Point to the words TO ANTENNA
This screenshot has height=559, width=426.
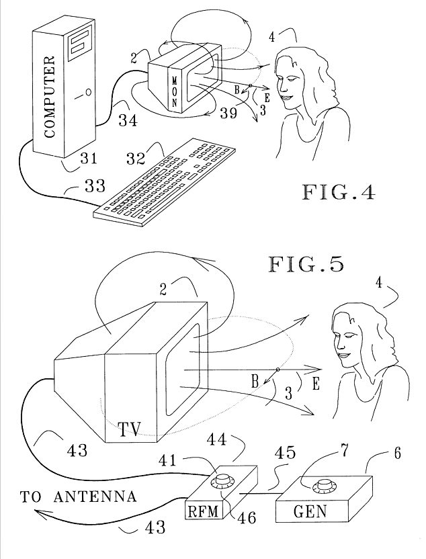79,498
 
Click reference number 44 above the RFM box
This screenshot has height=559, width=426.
235,439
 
